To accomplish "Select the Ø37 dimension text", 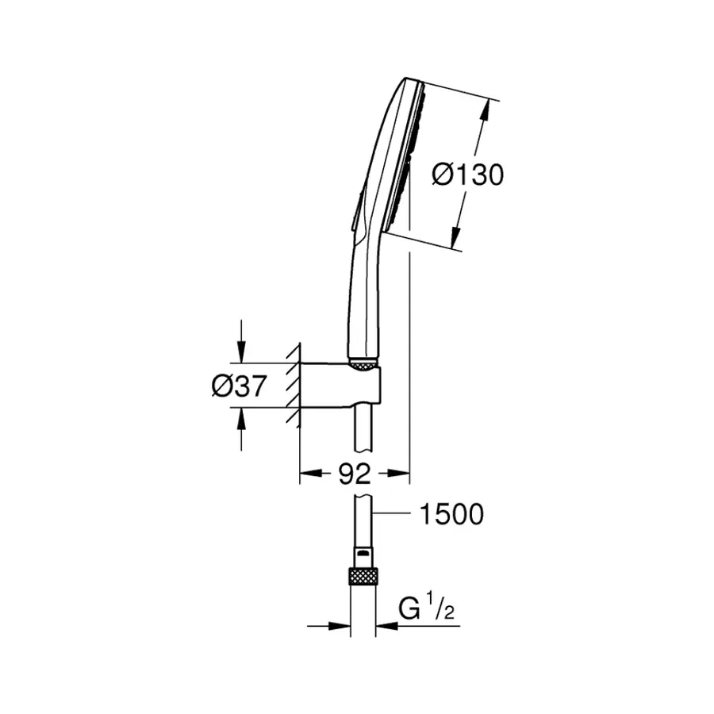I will click(239, 386).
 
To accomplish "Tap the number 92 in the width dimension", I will click(355, 474).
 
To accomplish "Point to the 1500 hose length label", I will click(450, 514).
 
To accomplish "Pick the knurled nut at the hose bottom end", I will click(363, 578).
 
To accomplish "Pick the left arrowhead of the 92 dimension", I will click(307, 474).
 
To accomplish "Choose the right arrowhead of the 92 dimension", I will click(401, 474).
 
